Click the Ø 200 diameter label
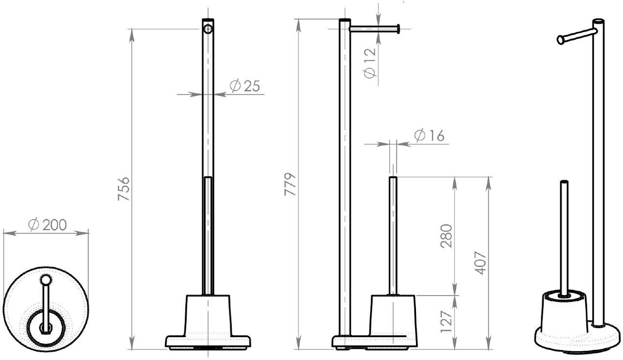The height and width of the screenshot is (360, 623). coord(47,225)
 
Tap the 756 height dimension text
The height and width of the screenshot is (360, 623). coord(123,189)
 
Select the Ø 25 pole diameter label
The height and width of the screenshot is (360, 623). coord(245,86)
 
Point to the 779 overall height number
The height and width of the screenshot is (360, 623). coord(290,184)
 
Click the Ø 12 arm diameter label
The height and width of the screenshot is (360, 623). coord(370,63)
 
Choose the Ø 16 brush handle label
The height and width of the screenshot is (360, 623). coord(429,135)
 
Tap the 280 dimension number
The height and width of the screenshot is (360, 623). coord(446,236)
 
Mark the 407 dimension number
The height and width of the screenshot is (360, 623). coord(480,263)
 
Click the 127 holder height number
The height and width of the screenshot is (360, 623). coord(446,322)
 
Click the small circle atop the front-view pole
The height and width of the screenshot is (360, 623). coord(208,29)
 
